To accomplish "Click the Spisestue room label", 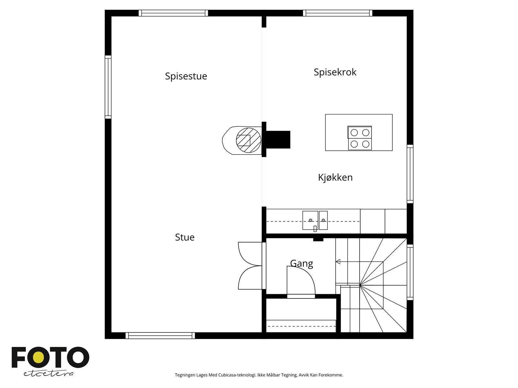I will [x=186, y=76].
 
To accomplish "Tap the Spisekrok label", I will [x=335, y=72].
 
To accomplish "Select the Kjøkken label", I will [x=335, y=178].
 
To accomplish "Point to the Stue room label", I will [x=185, y=237].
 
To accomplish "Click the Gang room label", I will [x=301, y=264].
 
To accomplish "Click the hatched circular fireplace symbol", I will [x=248, y=140].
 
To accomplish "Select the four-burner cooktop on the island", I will [x=360, y=138].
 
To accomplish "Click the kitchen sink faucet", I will [x=315, y=228].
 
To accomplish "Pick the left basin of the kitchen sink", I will [x=310, y=220].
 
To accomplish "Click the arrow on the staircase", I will [x=338, y=262].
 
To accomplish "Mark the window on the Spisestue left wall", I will [x=108, y=87].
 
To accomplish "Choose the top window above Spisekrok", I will [x=338, y=13].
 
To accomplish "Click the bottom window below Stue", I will [x=160, y=336].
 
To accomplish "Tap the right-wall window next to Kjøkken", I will [x=410, y=174].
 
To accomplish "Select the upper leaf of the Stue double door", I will [x=250, y=254].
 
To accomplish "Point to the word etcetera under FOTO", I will [x=49, y=373].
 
